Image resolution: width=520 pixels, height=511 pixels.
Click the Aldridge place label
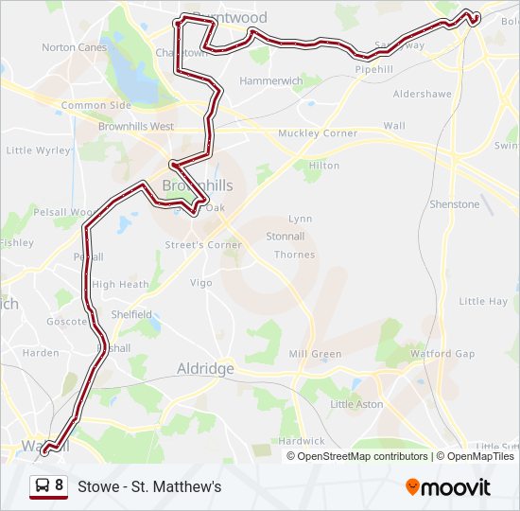(x=205, y=369)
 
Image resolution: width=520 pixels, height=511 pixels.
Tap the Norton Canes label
(x=74, y=47)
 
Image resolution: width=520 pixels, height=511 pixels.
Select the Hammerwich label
(x=271, y=82)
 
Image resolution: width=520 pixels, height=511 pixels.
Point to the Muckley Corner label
(x=318, y=133)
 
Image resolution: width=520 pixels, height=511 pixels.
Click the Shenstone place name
(x=455, y=204)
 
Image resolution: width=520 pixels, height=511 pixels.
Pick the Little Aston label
(x=356, y=404)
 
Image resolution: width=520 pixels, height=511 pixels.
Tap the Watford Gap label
(x=442, y=354)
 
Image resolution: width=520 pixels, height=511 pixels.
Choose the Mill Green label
(x=315, y=354)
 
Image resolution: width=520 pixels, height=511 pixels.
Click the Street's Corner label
(x=203, y=245)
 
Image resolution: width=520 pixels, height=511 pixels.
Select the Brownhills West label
(x=136, y=126)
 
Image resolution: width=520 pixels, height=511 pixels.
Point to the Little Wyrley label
(x=38, y=150)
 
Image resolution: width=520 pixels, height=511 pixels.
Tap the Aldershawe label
(x=424, y=95)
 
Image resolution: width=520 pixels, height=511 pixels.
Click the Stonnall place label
(x=285, y=237)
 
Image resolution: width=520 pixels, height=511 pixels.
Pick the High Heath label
(x=120, y=284)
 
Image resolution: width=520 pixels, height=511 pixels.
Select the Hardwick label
(x=302, y=441)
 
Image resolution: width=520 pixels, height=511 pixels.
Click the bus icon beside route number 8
(x=43, y=485)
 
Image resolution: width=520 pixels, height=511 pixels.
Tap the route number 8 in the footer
(x=60, y=485)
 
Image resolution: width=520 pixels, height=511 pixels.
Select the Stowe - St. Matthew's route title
(x=149, y=486)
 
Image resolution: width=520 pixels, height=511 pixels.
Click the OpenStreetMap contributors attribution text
(x=362, y=456)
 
